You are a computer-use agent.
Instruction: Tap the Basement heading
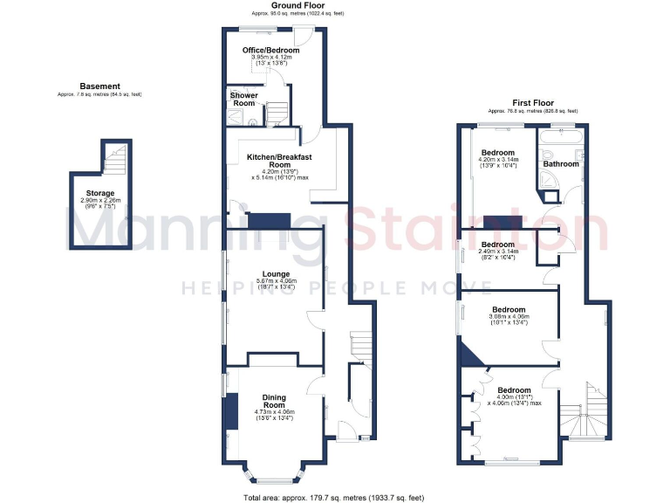click(x=99, y=86)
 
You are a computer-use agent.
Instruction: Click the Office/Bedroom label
click(x=271, y=51)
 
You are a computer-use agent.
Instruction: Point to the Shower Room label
click(x=243, y=99)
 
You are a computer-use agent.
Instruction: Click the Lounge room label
click(x=273, y=274)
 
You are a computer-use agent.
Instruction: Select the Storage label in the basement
click(x=99, y=193)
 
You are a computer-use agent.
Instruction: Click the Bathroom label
click(x=561, y=163)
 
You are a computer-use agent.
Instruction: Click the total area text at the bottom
click(x=335, y=497)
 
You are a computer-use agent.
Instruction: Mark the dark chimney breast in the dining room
click(x=231, y=411)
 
